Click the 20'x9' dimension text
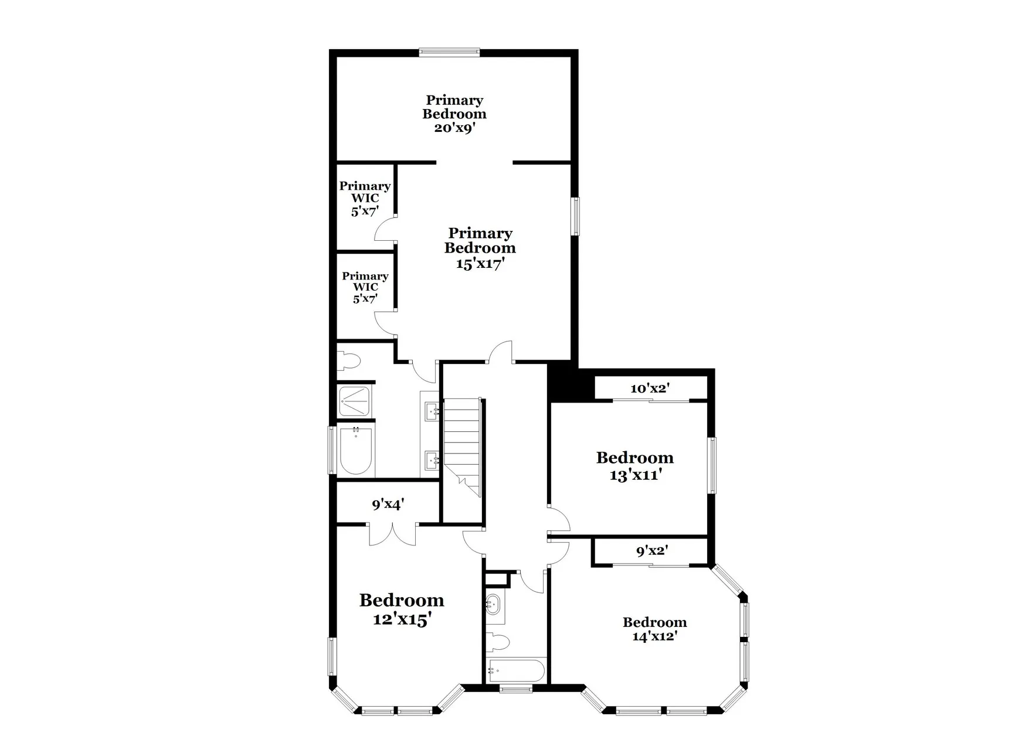(x=454, y=128)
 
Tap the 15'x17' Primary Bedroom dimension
(x=480, y=264)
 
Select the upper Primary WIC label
(x=365, y=198)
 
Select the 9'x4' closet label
(x=388, y=504)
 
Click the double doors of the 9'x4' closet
(x=392, y=534)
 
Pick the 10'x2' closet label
(x=650, y=388)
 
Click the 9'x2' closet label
(x=652, y=551)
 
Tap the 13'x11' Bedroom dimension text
(x=636, y=475)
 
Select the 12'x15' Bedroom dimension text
(x=402, y=619)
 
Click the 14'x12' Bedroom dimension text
(x=654, y=636)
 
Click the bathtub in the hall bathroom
(x=516, y=670)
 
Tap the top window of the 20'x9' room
(x=450, y=53)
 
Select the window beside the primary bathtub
(x=331, y=449)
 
